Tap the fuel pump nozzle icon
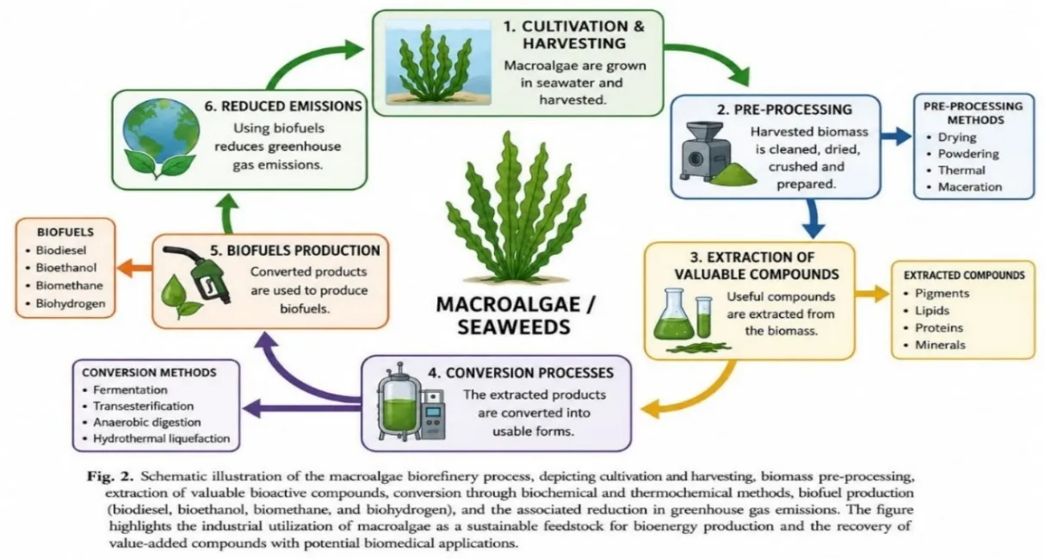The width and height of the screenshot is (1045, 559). click(x=197, y=275)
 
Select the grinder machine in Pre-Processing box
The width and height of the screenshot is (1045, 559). click(x=706, y=152)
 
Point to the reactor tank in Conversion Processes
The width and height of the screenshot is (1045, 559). click(x=397, y=401)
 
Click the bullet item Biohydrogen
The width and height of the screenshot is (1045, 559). click(x=71, y=303)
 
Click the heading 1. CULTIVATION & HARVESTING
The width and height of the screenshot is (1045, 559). click(x=574, y=34)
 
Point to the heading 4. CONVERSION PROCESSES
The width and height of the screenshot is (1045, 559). click(x=521, y=373)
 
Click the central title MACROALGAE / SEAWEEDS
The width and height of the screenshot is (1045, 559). click(x=515, y=316)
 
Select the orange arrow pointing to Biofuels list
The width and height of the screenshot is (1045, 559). click(x=134, y=268)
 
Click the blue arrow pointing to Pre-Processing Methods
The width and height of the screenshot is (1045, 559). click(x=896, y=136)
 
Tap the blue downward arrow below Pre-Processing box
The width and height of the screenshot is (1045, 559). click(x=813, y=219)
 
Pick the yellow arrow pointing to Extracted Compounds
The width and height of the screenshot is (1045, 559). click(x=872, y=294)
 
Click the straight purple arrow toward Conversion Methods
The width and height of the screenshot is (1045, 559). click(x=302, y=408)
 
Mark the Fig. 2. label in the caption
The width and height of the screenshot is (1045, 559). click(x=110, y=477)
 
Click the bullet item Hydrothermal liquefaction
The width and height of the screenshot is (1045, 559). click(x=162, y=438)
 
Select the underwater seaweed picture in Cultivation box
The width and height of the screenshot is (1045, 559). click(x=438, y=63)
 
